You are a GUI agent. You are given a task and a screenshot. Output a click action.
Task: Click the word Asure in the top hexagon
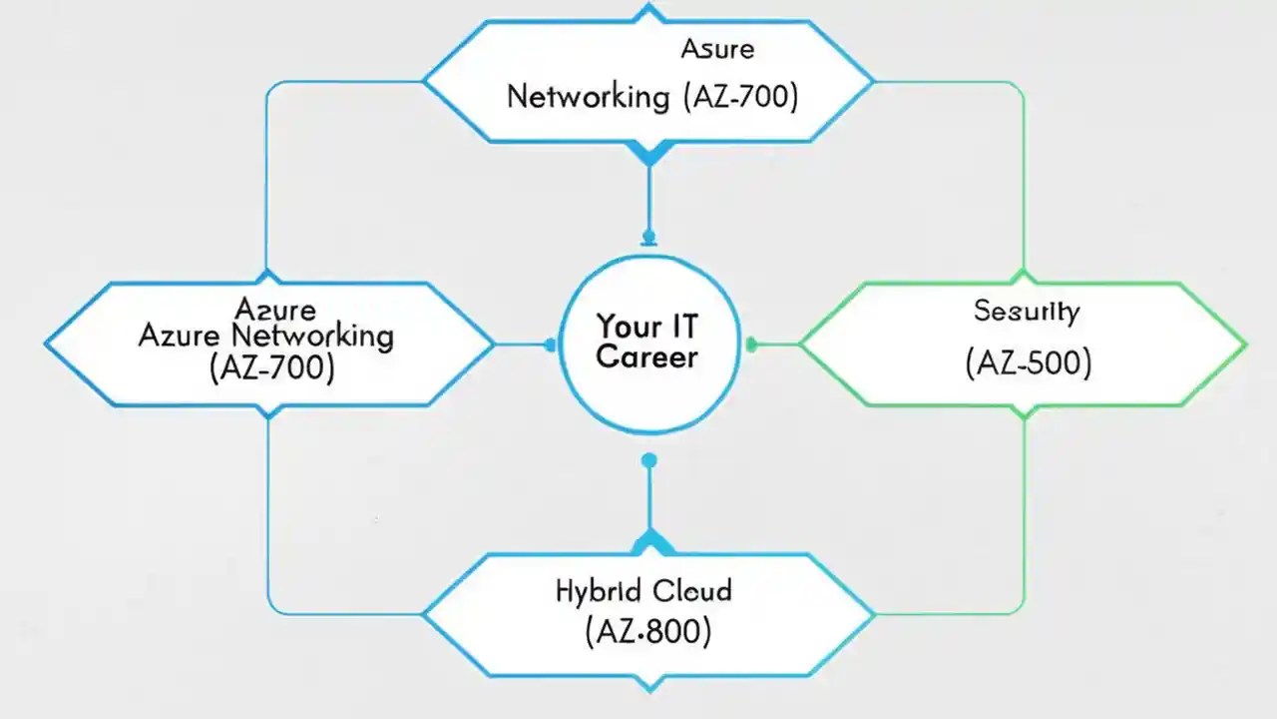point(717,49)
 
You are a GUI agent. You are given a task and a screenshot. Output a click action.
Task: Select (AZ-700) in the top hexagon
point(740,97)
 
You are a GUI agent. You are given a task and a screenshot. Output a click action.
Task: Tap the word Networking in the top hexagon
point(589,97)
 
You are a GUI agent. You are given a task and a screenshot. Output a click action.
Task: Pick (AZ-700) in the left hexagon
point(271,367)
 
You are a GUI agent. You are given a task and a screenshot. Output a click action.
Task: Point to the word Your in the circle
point(629,326)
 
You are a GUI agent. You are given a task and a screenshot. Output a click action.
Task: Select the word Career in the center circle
point(646,358)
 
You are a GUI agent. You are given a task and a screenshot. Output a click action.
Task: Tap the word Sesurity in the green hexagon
point(1027,312)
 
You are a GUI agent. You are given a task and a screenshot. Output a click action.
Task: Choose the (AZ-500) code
point(1028,363)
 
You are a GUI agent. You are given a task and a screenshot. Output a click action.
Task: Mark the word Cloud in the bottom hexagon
point(692,590)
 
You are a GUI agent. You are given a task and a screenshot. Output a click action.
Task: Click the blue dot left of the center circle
point(550,346)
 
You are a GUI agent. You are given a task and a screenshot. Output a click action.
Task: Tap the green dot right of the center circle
point(751,346)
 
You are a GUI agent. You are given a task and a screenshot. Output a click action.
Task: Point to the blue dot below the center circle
point(649,460)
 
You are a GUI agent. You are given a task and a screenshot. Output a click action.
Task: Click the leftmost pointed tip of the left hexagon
point(48,345)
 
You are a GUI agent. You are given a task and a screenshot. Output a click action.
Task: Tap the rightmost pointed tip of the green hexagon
point(1244,345)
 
